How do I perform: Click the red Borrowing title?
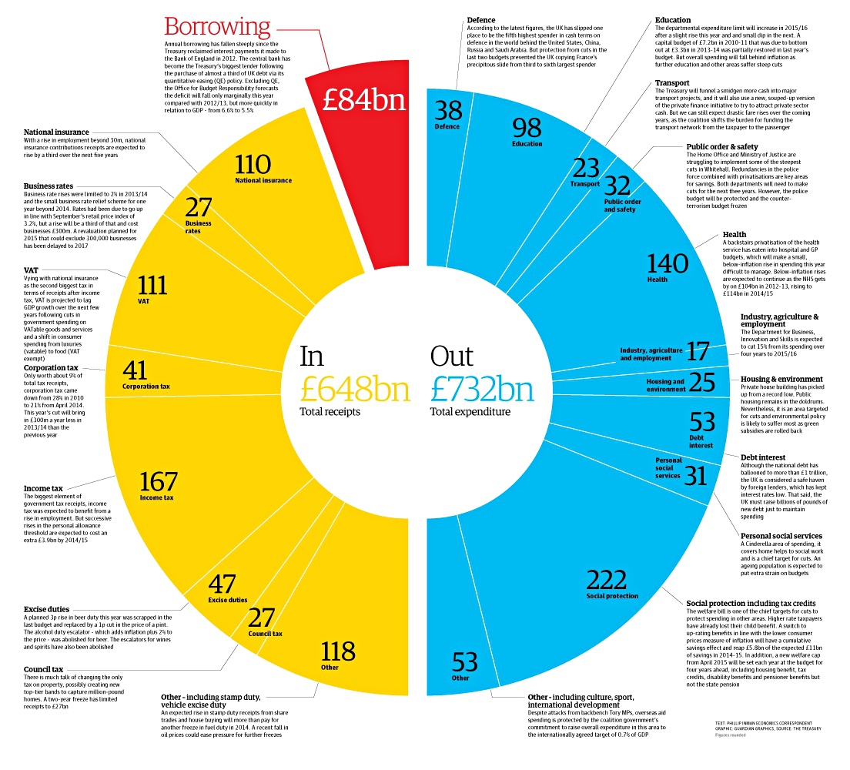[x=217, y=27]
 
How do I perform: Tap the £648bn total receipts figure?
[x=354, y=390]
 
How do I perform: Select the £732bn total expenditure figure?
[x=482, y=390]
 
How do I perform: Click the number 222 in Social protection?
[x=612, y=579]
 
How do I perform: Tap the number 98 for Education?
[x=527, y=127]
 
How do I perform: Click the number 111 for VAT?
[x=152, y=285]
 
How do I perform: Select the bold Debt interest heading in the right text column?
[x=763, y=457]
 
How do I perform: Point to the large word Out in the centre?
[x=451, y=356]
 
